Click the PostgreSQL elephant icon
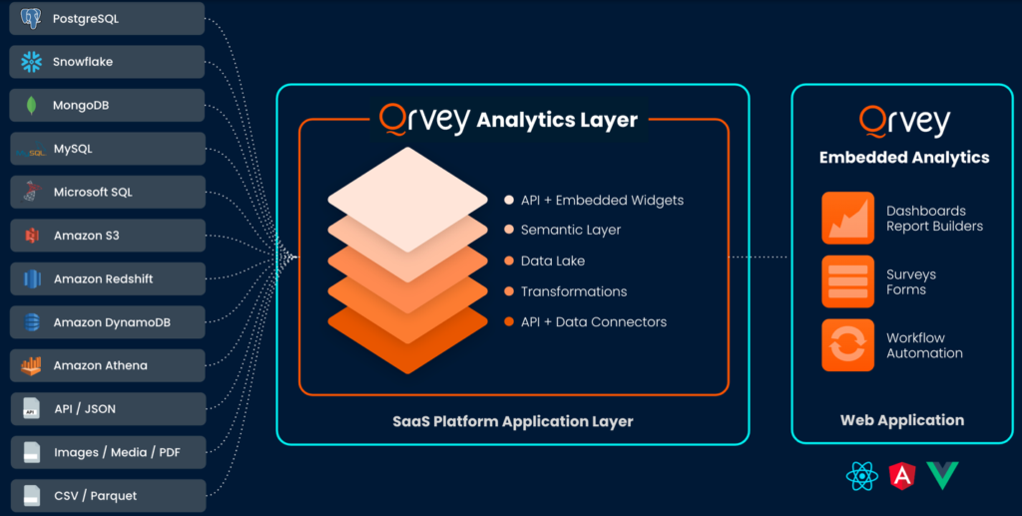click(31, 18)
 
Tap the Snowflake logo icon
click(31, 62)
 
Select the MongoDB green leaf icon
click(31, 106)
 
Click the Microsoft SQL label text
click(93, 193)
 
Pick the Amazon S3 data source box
click(108, 236)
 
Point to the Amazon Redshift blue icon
click(32, 278)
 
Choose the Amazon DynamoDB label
click(112, 322)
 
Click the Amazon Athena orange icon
click(31, 365)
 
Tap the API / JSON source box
click(108, 409)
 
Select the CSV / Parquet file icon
click(32, 496)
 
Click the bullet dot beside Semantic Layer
click(509, 230)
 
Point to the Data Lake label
click(553, 260)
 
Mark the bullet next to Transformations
click(509, 291)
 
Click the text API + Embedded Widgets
click(602, 201)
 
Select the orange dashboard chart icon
click(847, 218)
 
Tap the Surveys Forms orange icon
click(847, 281)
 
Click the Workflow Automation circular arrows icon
click(847, 344)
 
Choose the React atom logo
click(861, 476)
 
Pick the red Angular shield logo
click(902, 476)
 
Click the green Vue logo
click(942, 474)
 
